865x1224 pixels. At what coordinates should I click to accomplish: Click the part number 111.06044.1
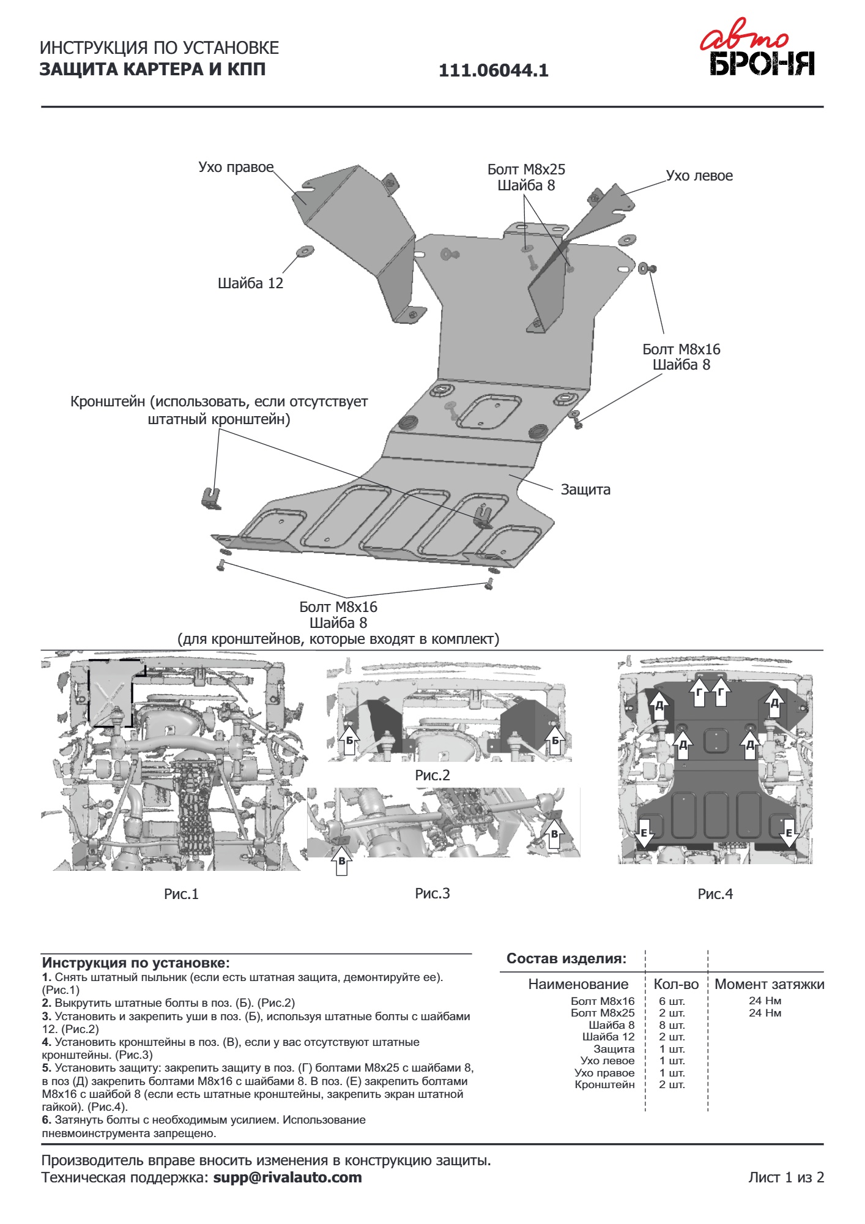pos(493,71)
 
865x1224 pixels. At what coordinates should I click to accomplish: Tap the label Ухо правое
pos(236,167)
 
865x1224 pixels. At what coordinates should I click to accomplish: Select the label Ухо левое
pos(699,176)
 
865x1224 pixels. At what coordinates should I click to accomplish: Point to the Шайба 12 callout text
pos(250,283)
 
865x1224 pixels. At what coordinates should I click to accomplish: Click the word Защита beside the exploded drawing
pos(585,490)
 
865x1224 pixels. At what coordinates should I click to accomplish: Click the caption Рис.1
pos(181,894)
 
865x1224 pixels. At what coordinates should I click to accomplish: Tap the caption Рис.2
pos(432,775)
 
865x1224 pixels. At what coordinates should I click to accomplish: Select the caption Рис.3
pos(432,894)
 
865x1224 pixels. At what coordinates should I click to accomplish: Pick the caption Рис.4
pos(715,894)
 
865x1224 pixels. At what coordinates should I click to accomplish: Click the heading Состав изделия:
pos(566,958)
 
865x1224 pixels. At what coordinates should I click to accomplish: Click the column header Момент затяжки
pos(769,984)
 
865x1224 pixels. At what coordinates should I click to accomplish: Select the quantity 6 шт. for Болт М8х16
pos(672,1001)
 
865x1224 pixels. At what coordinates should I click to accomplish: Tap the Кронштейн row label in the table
pos(604,1084)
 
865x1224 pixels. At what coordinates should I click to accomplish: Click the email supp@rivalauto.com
pos(287,1177)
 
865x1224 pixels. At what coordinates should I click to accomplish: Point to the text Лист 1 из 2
pos(785,1177)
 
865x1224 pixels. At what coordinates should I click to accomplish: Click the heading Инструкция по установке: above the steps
pos(136,963)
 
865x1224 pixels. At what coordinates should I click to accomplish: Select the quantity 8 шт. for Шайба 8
pos(672,1025)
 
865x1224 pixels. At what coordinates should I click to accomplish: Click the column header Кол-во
pos(676,984)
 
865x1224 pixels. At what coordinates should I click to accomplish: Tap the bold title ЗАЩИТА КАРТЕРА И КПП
pos(152,69)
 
